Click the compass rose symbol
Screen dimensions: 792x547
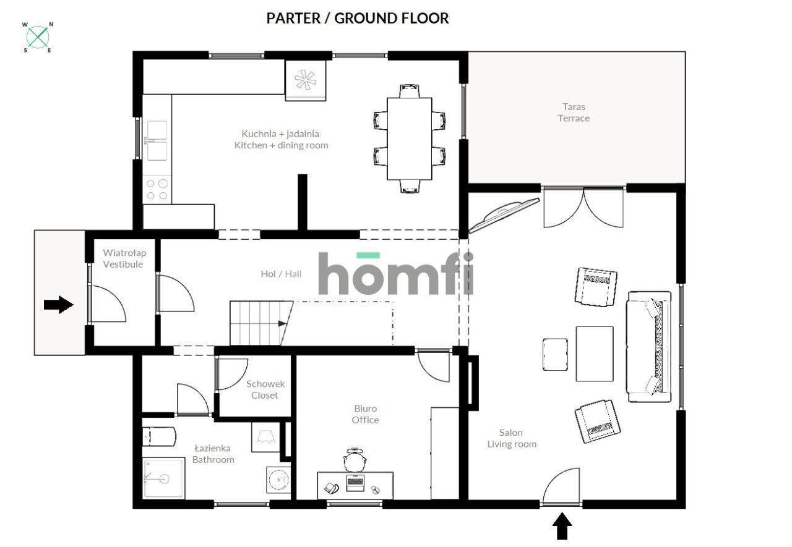pyautogui.click(x=38, y=37)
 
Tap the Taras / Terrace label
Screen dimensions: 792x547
pyautogui.click(x=574, y=112)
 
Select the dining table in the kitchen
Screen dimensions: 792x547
pyautogui.click(x=410, y=139)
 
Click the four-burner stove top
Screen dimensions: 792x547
pyautogui.click(x=157, y=190)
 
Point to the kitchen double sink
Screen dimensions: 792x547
pyautogui.click(x=157, y=140)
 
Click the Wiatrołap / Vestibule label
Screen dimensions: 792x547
pyautogui.click(x=124, y=258)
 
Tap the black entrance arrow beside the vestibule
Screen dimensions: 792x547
pyautogui.click(x=58, y=304)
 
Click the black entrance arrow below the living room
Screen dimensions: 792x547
pyautogui.click(x=562, y=526)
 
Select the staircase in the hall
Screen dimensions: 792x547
pyautogui.click(x=261, y=323)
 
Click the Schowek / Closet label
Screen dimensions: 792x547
pyautogui.click(x=265, y=389)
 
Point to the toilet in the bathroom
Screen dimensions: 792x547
pyautogui.click(x=159, y=437)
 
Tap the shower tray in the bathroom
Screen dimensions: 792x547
pyautogui.click(x=164, y=478)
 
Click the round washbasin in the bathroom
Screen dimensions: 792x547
pyautogui.click(x=278, y=480)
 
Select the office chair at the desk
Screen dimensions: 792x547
pyautogui.click(x=355, y=460)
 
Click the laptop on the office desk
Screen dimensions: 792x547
pyautogui.click(x=355, y=483)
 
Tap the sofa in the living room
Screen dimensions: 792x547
pyautogui.click(x=649, y=346)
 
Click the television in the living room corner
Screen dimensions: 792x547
pyautogui.click(x=504, y=215)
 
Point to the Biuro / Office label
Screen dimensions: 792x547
pyautogui.click(x=365, y=414)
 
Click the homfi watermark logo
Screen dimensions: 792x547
pyautogui.click(x=395, y=273)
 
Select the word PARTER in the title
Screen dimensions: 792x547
pyautogui.click(x=293, y=19)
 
